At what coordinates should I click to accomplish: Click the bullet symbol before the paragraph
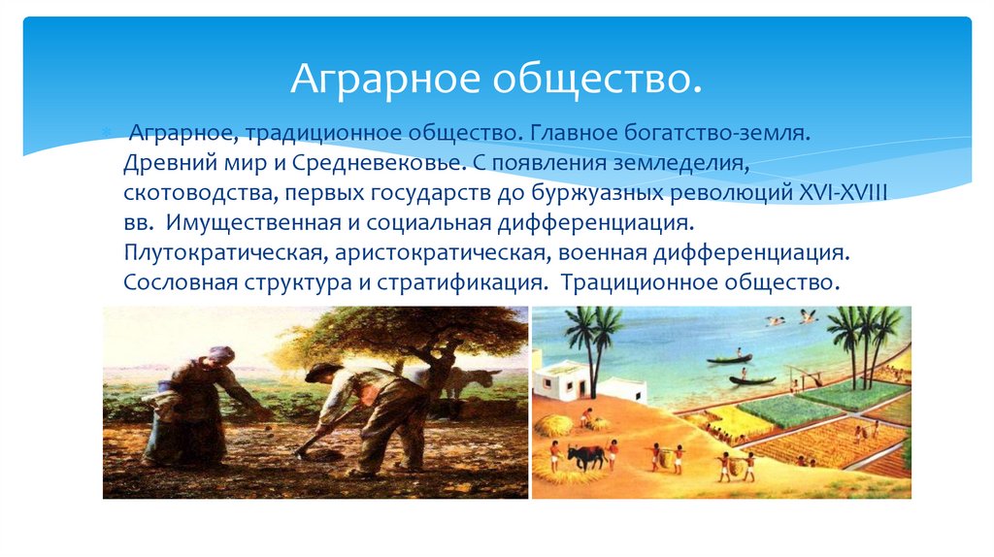click(109, 131)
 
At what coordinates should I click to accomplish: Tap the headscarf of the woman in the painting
click(221, 354)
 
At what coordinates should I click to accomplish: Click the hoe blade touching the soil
click(303, 450)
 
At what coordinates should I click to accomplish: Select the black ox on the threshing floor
click(585, 454)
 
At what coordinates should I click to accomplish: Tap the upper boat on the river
click(729, 359)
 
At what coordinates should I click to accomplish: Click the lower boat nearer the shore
click(752, 379)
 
